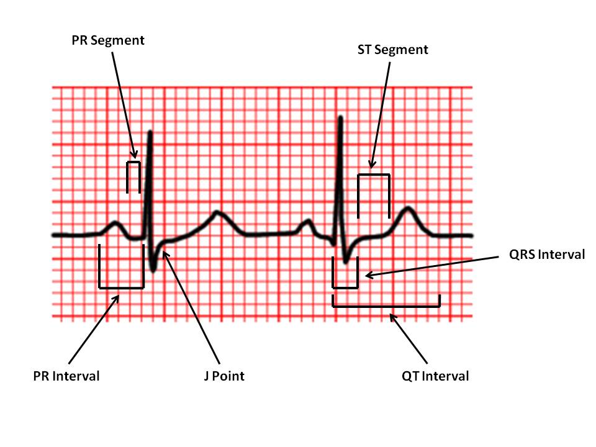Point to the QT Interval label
[435, 376]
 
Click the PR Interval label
[66, 376]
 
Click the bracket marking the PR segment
[133, 163]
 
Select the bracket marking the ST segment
[373, 176]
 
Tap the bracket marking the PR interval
[122, 287]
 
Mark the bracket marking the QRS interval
[346, 287]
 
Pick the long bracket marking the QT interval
[386, 306]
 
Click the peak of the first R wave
[150, 132]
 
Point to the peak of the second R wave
[340, 117]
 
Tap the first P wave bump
[115, 222]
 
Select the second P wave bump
[306, 222]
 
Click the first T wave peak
[217, 213]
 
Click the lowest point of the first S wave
[154, 269]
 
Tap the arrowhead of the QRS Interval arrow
[366, 275]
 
